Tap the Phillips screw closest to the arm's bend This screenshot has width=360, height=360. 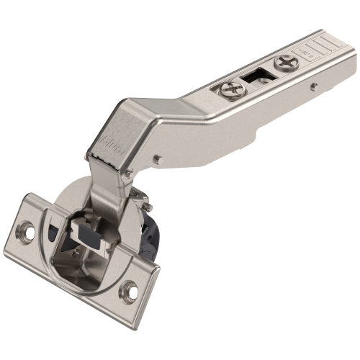pos(231,90)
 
